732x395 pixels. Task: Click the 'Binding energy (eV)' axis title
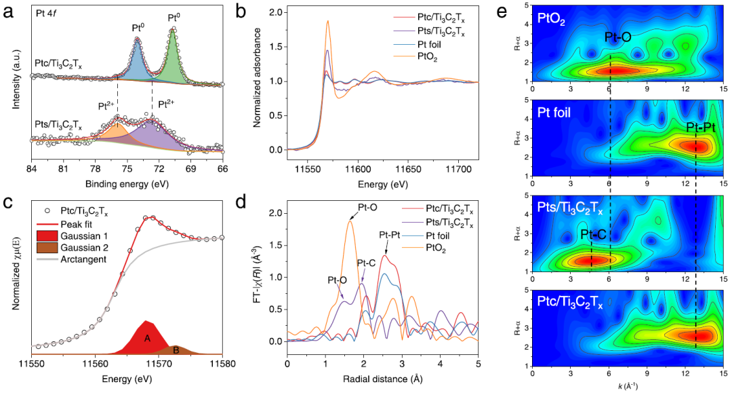(127, 183)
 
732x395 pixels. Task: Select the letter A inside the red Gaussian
(146, 337)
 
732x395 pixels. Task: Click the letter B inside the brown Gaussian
(176, 350)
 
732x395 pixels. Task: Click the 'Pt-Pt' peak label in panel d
(390, 235)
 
